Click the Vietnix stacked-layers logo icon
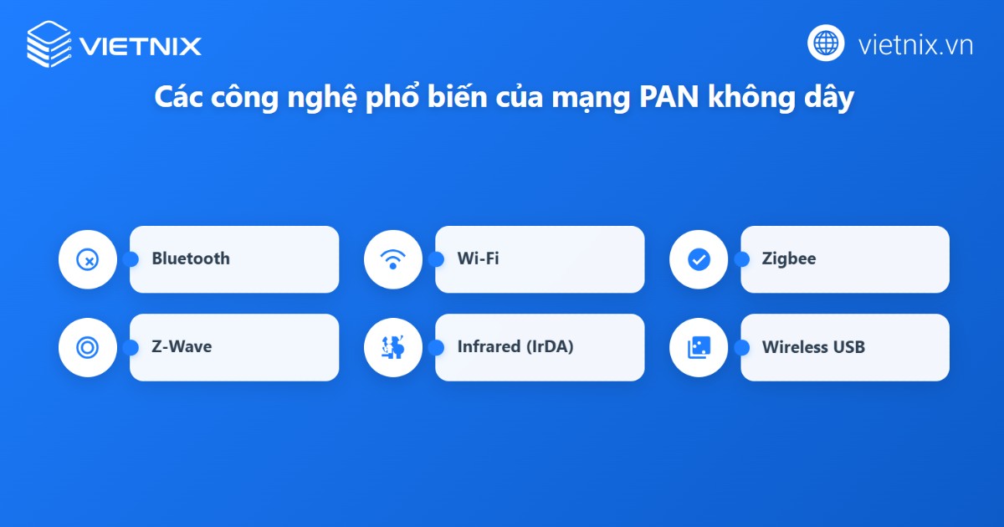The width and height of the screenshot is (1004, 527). coord(49,44)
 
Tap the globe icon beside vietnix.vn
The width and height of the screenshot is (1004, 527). coord(826,43)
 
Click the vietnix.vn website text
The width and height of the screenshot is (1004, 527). coord(915,44)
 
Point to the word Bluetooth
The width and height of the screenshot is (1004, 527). coord(190,258)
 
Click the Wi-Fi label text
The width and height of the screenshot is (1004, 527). coord(478,258)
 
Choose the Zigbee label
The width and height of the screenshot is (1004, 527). coord(788,258)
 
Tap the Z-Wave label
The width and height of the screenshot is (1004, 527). coord(182,346)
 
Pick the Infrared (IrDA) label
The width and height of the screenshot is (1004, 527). coord(515,346)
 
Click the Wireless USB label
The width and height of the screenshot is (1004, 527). coord(813,346)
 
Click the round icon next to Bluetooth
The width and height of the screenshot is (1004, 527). coord(87,259)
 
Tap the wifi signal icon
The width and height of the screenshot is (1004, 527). coord(392,259)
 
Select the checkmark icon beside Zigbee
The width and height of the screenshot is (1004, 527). coord(698,259)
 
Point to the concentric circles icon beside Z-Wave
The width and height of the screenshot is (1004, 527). coord(87,347)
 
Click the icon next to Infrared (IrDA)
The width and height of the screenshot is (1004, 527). coord(392,347)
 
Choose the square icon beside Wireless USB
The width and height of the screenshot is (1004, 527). coord(698,347)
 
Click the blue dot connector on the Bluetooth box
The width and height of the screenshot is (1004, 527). coord(130,259)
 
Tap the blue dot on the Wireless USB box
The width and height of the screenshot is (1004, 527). coord(740,347)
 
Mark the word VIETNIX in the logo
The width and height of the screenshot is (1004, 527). coord(140,45)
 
